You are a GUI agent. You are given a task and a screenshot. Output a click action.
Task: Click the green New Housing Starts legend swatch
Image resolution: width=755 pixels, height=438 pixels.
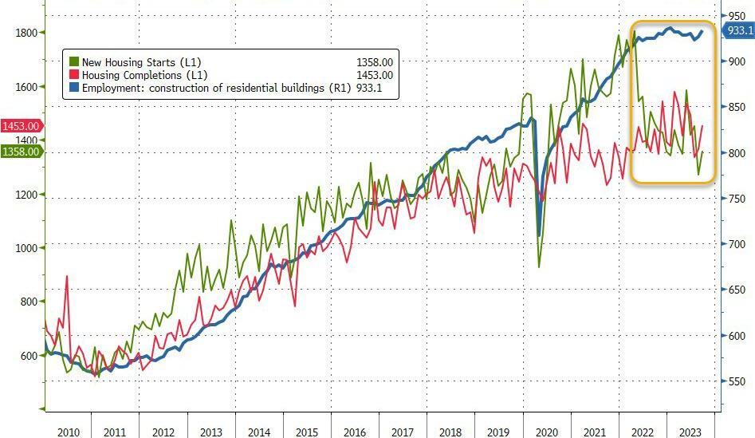(74, 61)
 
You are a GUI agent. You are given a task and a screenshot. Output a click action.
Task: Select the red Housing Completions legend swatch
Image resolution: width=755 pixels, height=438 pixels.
(74, 75)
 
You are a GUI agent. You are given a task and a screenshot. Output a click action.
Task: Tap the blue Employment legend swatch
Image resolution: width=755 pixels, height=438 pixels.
(74, 88)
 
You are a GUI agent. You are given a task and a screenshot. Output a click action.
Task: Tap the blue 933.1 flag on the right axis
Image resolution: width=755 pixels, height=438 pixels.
(738, 31)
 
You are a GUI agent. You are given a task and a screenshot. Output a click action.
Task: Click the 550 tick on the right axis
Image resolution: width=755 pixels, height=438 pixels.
(735, 382)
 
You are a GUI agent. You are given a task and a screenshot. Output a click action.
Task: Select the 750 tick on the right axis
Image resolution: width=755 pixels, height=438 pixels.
(735, 199)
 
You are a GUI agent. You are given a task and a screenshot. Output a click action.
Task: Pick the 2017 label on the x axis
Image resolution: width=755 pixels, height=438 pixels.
(403, 432)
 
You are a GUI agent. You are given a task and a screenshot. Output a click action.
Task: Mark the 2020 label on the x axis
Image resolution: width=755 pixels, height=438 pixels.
(548, 432)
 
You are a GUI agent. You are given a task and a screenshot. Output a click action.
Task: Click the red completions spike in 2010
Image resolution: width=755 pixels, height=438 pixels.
(66, 277)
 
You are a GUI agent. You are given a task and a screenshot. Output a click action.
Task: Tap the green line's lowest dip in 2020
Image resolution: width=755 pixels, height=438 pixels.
(538, 266)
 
